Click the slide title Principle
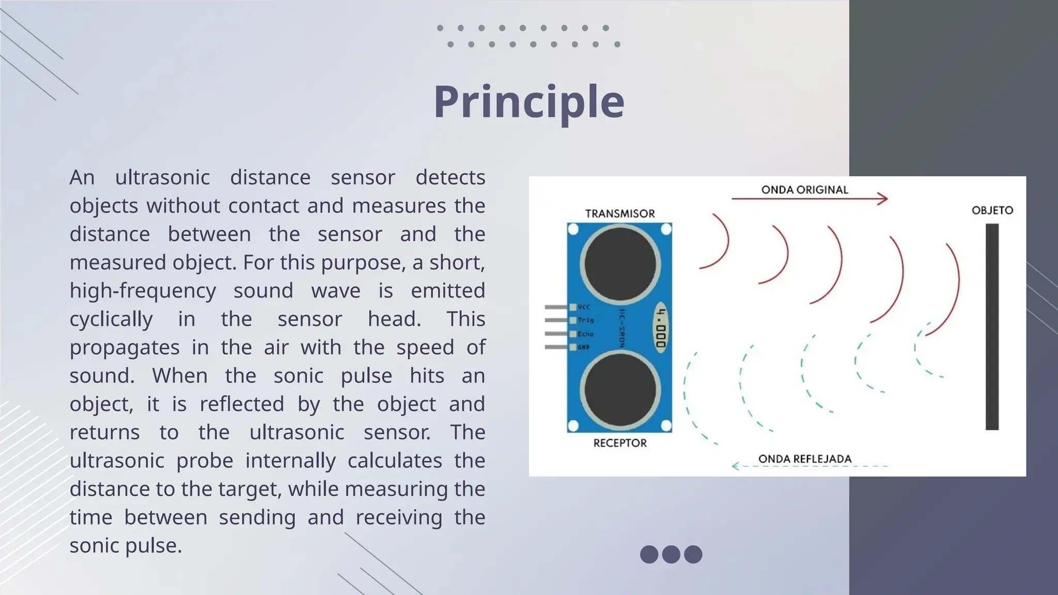pyautogui.click(x=528, y=102)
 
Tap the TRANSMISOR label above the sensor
pyautogui.click(x=619, y=213)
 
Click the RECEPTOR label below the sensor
pyautogui.click(x=619, y=443)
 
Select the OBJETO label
pyautogui.click(x=992, y=210)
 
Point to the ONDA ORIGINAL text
pyautogui.click(x=804, y=190)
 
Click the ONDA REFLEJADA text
pyautogui.click(x=804, y=459)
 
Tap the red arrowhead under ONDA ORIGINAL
pyautogui.click(x=883, y=198)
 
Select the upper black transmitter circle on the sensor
pyautogui.click(x=620, y=264)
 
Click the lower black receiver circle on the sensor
pyautogui.click(x=620, y=390)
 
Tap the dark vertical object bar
pyautogui.click(x=992, y=326)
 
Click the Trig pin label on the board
pyautogui.click(x=585, y=320)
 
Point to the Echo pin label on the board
pyautogui.click(x=585, y=334)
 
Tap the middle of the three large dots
pyautogui.click(x=671, y=554)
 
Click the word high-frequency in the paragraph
pyautogui.click(x=143, y=291)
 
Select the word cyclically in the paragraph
pyautogui.click(x=111, y=319)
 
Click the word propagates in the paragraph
pyautogui.click(x=125, y=348)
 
